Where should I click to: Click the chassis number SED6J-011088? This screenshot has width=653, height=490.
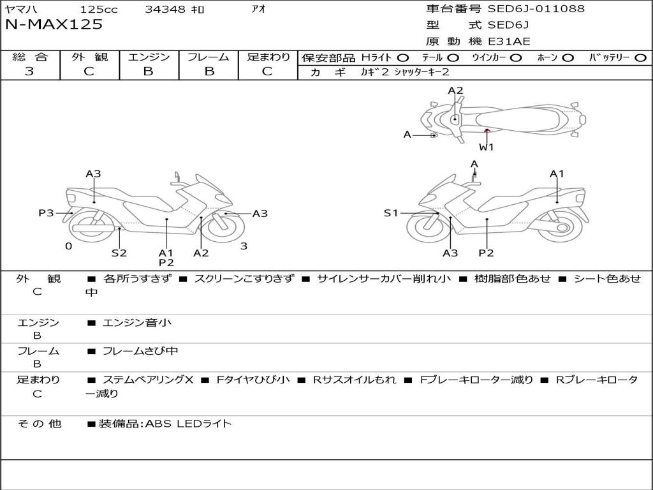(536, 9)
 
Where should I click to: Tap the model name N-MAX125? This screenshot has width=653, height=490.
(54, 25)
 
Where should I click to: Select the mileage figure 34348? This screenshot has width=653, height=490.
(165, 10)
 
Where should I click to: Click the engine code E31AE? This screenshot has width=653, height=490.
(509, 42)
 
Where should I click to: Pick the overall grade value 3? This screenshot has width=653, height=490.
(29, 71)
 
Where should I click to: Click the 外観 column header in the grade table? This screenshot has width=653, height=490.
(89, 57)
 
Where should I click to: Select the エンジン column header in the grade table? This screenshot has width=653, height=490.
(149, 57)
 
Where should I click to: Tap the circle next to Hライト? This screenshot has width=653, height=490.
(403, 57)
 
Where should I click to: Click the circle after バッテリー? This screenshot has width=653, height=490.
(640, 57)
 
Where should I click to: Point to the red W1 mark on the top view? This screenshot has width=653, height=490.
(487, 130)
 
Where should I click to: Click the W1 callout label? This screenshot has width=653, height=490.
(487, 147)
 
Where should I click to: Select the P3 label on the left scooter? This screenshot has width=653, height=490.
(46, 213)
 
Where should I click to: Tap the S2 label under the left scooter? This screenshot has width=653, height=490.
(119, 253)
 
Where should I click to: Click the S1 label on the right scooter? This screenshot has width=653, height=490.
(391, 213)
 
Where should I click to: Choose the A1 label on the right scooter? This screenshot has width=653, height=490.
(557, 174)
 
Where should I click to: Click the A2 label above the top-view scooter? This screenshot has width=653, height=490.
(455, 91)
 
